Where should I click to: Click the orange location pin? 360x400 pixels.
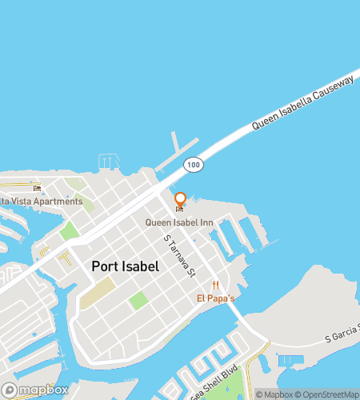pos(180,200)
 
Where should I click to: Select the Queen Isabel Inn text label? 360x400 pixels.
pos(179,222)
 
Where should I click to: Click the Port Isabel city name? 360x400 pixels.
pos(125,266)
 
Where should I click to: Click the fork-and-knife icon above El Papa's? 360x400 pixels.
pos(215,286)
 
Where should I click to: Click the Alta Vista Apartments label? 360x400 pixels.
pos(40,201)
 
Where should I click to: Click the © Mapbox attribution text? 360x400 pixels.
pos(274,394)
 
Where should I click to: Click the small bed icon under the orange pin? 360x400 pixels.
pos(179,210)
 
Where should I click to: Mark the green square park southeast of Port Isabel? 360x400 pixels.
pos(138,301)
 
